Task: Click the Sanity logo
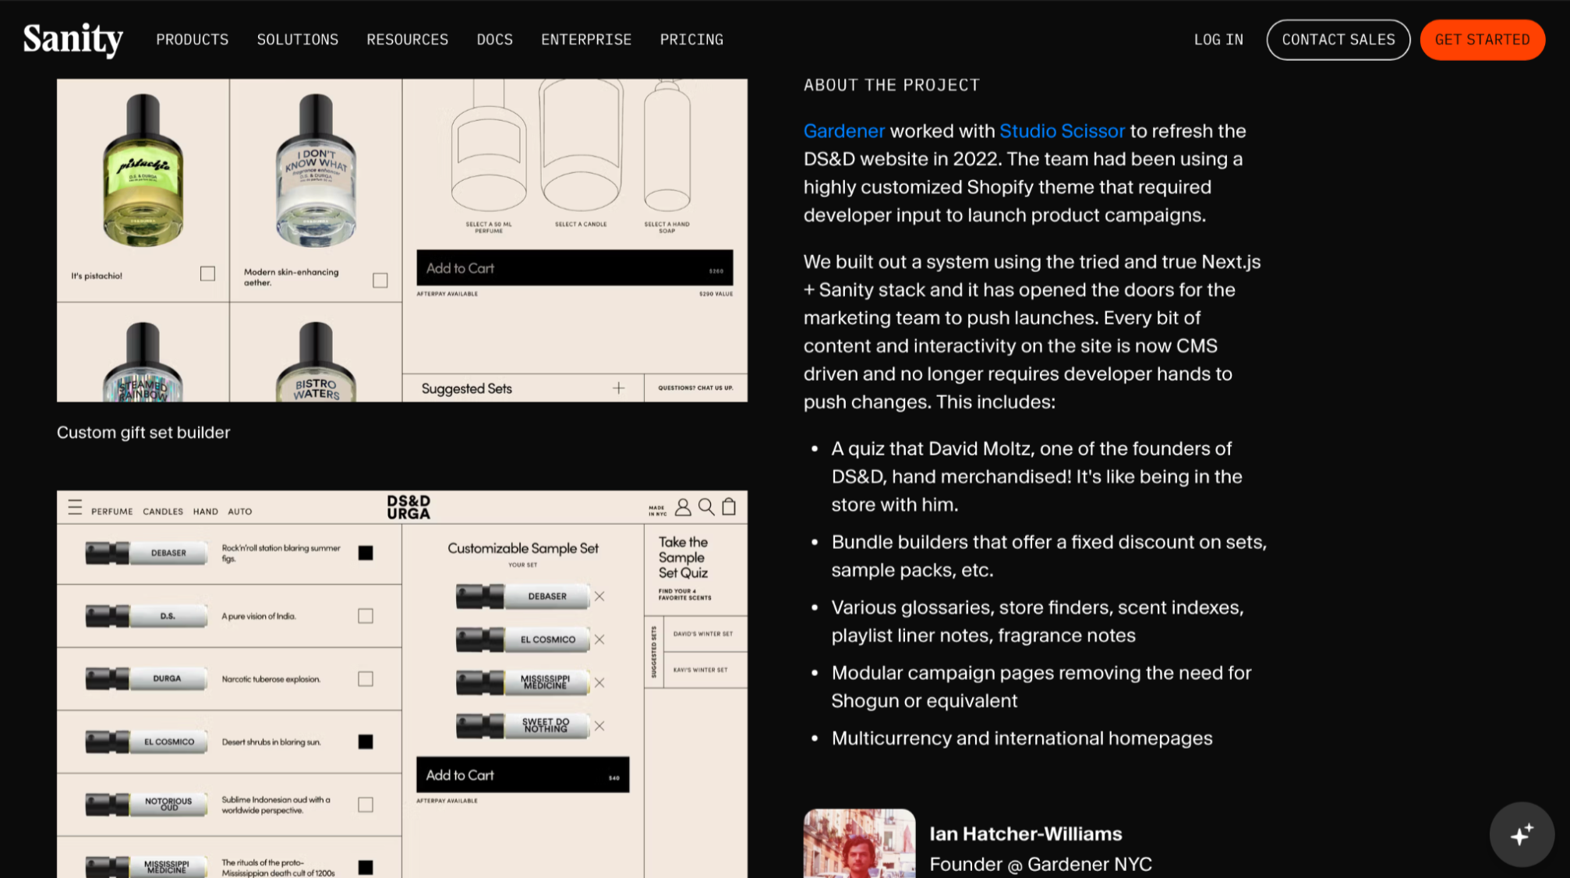(x=72, y=39)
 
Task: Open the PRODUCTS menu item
(x=192, y=40)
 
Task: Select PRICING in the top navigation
(x=691, y=40)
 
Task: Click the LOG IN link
(x=1218, y=40)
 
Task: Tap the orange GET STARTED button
(x=1482, y=40)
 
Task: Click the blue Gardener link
(x=844, y=131)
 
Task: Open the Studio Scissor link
(x=1062, y=131)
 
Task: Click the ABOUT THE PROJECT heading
(x=891, y=85)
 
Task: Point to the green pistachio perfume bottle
(x=143, y=172)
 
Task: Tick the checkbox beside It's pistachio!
(x=207, y=274)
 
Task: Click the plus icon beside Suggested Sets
(x=618, y=388)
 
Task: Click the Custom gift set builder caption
(x=143, y=433)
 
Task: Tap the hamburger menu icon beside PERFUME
(x=75, y=508)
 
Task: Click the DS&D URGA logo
(x=408, y=507)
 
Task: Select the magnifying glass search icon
(x=706, y=507)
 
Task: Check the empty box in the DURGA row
(x=366, y=679)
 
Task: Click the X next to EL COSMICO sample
(x=599, y=639)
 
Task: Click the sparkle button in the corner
(x=1521, y=834)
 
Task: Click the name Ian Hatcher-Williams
(x=1025, y=834)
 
